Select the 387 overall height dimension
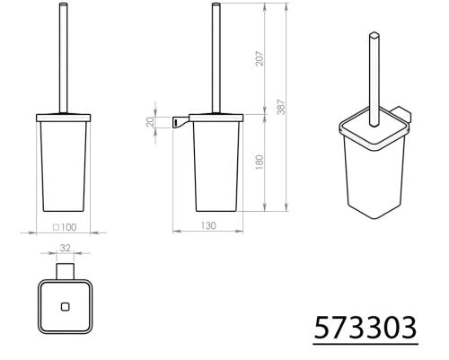pos(281,106)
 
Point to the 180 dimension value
pos(258,164)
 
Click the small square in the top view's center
pos(63,306)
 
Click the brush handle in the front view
pos(62,58)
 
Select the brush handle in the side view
pos(215,58)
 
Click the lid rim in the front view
pos(62,116)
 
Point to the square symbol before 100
pos(57,226)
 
